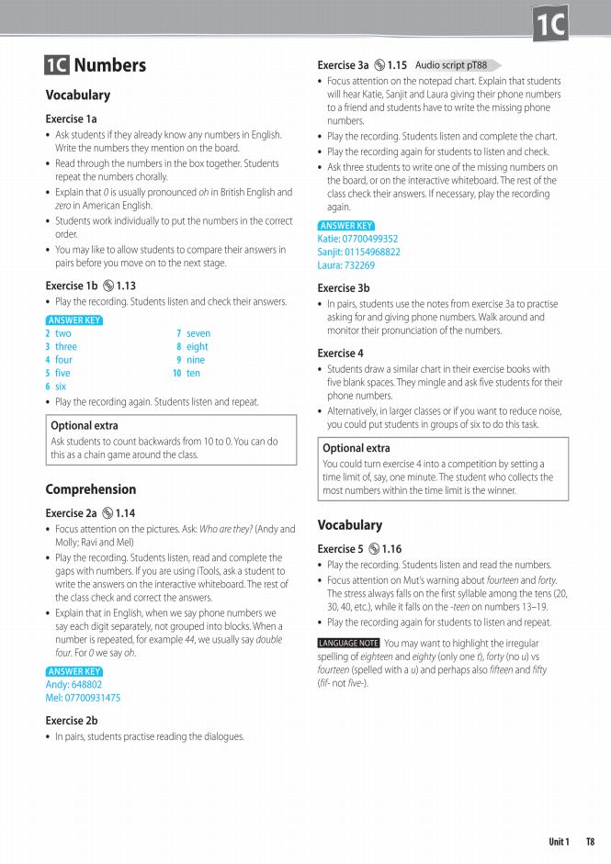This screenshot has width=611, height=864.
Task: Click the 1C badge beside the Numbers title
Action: pos(56,65)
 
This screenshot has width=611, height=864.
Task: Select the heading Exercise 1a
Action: pos(71,119)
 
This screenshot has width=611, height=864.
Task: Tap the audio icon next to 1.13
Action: pos(109,286)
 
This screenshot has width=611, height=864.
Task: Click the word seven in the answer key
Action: pos(198,334)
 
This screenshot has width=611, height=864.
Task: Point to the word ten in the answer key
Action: pos(193,374)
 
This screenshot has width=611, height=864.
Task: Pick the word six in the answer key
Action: pos(61,387)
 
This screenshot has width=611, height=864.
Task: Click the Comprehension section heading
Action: pos(90,489)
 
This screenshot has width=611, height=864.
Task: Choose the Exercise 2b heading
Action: pos(72,722)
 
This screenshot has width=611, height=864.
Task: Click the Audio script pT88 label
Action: pos(451,65)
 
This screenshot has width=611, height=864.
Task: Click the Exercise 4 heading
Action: pos(340,353)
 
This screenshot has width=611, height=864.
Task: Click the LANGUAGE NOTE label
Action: pos(348,644)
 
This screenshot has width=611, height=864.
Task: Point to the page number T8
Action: pos(590,842)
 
